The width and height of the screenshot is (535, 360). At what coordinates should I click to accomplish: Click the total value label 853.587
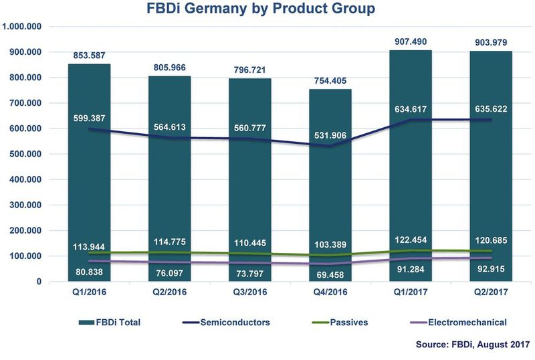tap(90, 55)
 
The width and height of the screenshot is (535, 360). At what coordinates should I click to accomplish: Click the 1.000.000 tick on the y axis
tap(23, 26)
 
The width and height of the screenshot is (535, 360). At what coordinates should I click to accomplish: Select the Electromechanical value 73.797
tap(250, 269)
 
